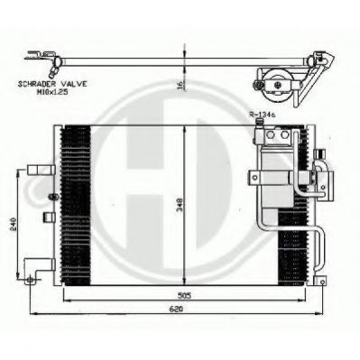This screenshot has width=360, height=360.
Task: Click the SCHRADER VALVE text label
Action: [52, 84]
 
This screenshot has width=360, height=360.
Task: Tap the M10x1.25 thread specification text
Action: [52, 92]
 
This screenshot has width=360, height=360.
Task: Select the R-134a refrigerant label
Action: [262, 114]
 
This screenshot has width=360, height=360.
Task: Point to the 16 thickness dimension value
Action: [180, 85]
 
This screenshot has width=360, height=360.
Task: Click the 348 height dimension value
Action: [180, 205]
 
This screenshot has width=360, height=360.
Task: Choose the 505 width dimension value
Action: [184, 296]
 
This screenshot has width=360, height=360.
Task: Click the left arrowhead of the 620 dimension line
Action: [33, 314]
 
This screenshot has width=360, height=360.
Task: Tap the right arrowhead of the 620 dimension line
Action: [318, 314]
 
